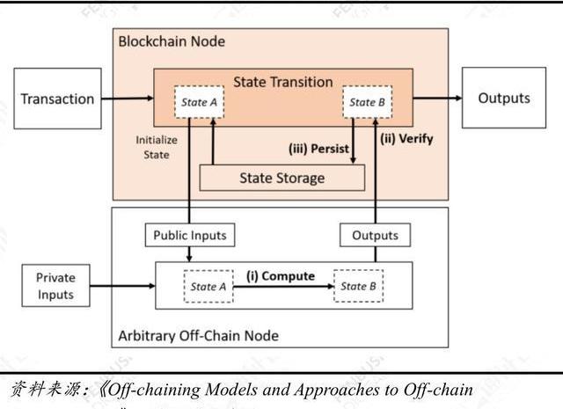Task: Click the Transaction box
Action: click(57, 99)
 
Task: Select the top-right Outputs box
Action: click(503, 99)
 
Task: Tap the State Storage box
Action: click(282, 178)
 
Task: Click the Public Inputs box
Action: click(190, 235)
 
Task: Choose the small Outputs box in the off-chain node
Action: click(375, 235)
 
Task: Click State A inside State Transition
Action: click(200, 103)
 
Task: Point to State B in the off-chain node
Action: click(358, 287)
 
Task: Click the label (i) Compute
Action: click(280, 276)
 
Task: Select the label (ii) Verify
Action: click(406, 138)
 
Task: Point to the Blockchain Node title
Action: click(171, 41)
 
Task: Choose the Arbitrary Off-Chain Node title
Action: click(198, 335)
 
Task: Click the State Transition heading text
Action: click(282, 82)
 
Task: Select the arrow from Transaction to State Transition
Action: click(128, 99)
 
